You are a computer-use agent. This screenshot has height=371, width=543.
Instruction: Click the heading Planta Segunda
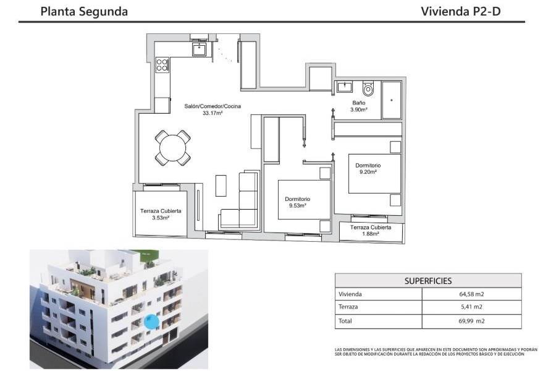click(x=84, y=11)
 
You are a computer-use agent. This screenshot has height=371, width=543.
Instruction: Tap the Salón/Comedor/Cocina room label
click(x=213, y=106)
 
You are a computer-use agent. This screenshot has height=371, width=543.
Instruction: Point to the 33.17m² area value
click(x=213, y=113)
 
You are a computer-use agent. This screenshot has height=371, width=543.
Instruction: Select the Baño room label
click(x=359, y=103)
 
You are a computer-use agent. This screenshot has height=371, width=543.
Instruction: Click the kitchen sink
click(x=199, y=49)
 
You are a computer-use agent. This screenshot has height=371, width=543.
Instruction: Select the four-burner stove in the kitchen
click(x=162, y=64)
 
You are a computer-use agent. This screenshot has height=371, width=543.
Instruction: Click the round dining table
click(x=172, y=148)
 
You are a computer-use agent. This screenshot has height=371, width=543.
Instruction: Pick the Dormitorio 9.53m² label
click(x=297, y=202)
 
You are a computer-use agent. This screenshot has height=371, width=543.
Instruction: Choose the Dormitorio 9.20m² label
click(x=368, y=169)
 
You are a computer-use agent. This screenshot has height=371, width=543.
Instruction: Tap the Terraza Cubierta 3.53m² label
click(x=160, y=214)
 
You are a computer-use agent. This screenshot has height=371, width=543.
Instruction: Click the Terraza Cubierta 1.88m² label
click(x=371, y=231)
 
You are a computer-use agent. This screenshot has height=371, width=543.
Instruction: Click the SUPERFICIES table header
click(x=428, y=280)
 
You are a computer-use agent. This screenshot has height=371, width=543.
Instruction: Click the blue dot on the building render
click(x=150, y=321)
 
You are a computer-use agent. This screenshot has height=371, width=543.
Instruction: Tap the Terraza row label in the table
click(x=348, y=307)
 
